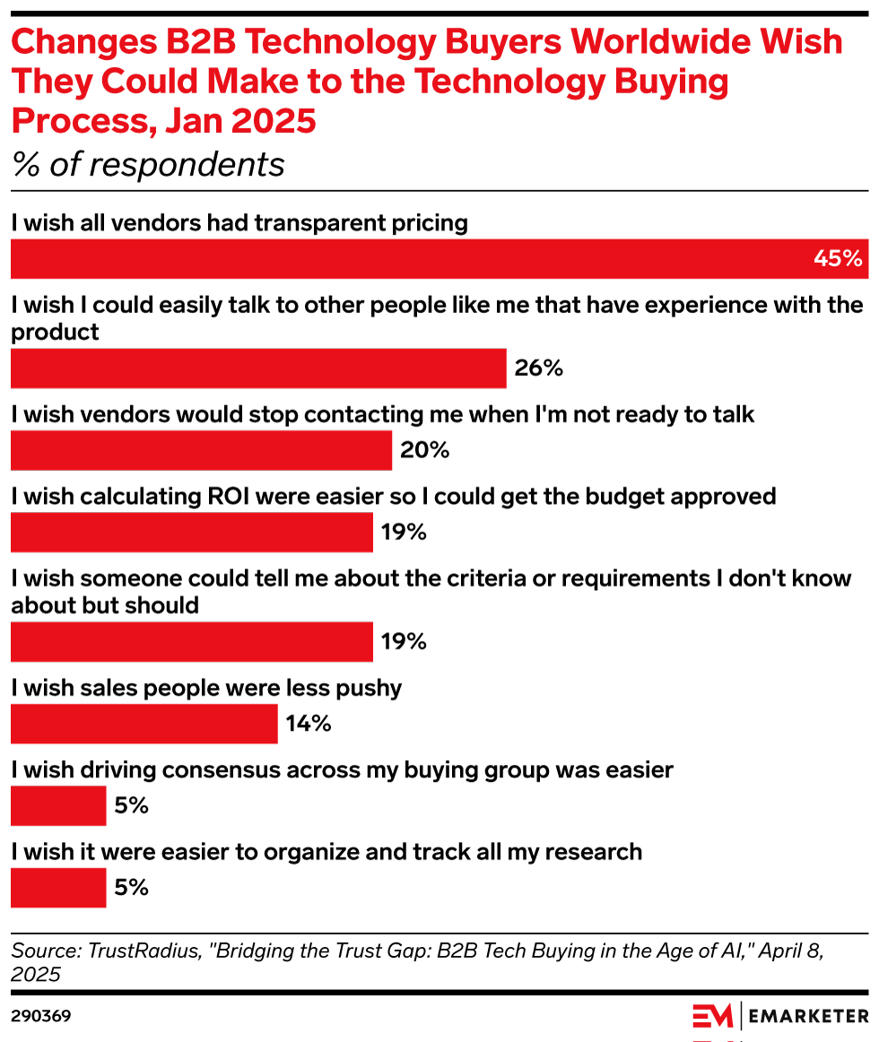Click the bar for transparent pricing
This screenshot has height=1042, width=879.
pyautogui.click(x=439, y=258)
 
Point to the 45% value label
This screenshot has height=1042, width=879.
pyautogui.click(x=837, y=258)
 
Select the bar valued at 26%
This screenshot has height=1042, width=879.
pyautogui.click(x=258, y=368)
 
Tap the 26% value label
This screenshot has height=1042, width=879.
pyautogui.click(x=538, y=368)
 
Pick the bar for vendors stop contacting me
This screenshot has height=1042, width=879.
pyautogui.click(x=201, y=450)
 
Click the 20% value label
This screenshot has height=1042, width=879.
pyautogui.click(x=424, y=450)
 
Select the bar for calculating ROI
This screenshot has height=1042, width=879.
pyautogui.click(x=191, y=533)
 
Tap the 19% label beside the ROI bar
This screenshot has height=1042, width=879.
pyautogui.click(x=403, y=533)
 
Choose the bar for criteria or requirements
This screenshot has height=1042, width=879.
pyautogui.click(x=191, y=642)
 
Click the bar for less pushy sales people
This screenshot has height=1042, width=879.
pyautogui.click(x=144, y=725)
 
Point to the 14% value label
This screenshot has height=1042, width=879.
pyautogui.click(x=309, y=725)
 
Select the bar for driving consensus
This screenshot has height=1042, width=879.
pyautogui.click(x=58, y=806)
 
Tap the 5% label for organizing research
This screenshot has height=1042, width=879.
pyautogui.click(x=131, y=889)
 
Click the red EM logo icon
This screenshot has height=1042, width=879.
pyautogui.click(x=712, y=1016)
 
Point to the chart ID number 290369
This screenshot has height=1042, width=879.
pyautogui.click(x=41, y=1016)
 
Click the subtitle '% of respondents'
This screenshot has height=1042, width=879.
pyautogui.click(x=148, y=164)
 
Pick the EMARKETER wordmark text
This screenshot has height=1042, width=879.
pyautogui.click(x=808, y=1016)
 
